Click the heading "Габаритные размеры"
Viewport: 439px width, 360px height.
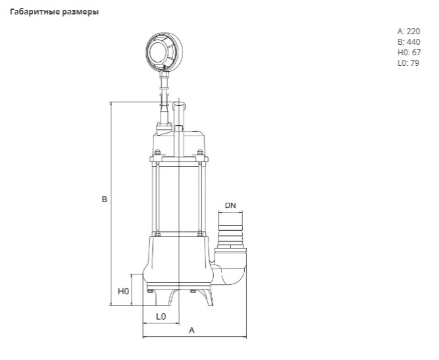click(x=54, y=12)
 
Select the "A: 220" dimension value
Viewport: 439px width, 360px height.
click(x=408, y=31)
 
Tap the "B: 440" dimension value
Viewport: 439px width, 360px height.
click(x=408, y=41)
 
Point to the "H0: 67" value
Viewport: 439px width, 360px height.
click(x=408, y=52)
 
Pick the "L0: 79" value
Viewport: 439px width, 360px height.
click(x=408, y=63)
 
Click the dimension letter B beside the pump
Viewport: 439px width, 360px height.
click(x=104, y=199)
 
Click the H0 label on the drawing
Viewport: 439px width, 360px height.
click(x=122, y=290)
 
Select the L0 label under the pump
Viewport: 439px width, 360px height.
click(x=161, y=317)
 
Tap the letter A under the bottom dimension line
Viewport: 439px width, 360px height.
click(x=192, y=330)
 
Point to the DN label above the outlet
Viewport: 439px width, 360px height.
click(x=230, y=205)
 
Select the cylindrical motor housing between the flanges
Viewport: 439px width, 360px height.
click(x=178, y=197)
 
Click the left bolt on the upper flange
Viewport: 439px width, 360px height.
click(x=157, y=156)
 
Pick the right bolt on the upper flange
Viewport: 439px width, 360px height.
click(x=199, y=156)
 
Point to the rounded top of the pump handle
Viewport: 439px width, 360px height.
click(x=179, y=104)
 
